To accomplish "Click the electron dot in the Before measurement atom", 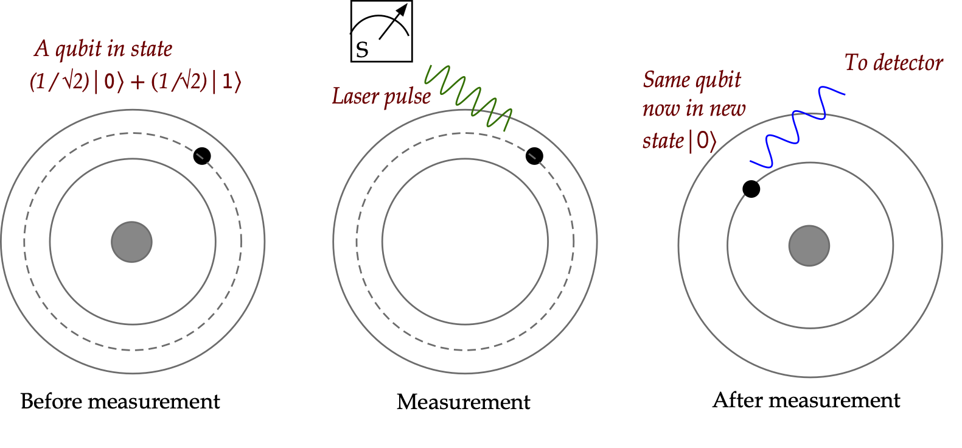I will pos(202,156).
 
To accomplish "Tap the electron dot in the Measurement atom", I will pos(534,156).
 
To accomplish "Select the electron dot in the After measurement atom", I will pos(751,189).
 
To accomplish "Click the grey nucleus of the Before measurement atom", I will pos(131,242).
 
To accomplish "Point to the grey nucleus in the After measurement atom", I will pos(809,245).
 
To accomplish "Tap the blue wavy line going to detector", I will pos(797,128).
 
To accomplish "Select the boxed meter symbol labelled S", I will pos(382,31).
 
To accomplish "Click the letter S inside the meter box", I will pos(362,50).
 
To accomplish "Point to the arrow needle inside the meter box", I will pos(393,24).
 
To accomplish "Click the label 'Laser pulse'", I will pos(381,96).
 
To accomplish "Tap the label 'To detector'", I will pos(893,63).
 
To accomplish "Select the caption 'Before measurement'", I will pos(120,401).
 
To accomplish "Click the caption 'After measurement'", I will pos(806,400).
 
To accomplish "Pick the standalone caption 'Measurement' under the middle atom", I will pos(463,402).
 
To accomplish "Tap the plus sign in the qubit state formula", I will pos(138,82).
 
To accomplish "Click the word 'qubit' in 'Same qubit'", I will pos(718,80).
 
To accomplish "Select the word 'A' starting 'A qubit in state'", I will pos(41,49).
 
